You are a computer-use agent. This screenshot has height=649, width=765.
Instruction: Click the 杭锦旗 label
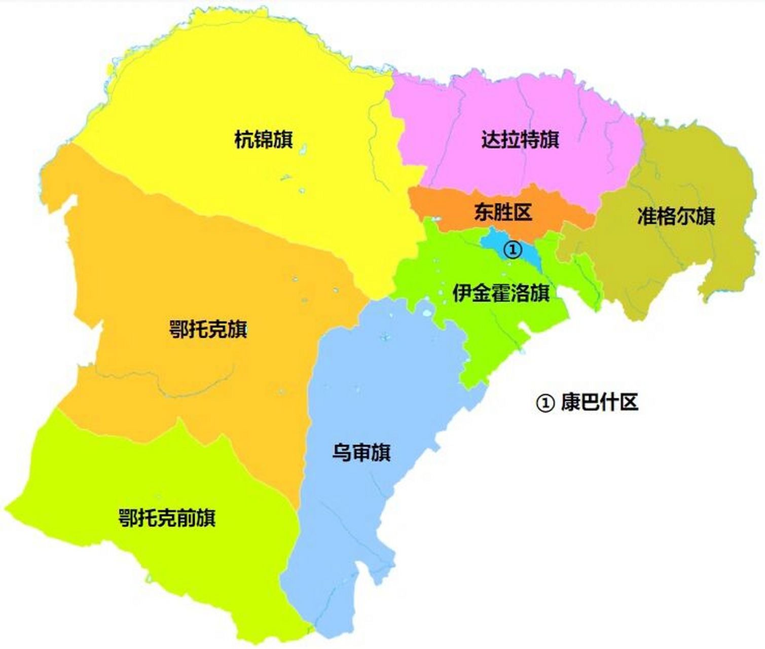(263, 139)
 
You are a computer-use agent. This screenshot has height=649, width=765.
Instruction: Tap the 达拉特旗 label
(520, 139)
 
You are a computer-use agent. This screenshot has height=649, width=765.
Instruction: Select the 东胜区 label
(503, 212)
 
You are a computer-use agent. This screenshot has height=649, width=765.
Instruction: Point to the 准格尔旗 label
(676, 217)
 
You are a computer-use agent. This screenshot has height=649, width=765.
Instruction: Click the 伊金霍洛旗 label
(501, 293)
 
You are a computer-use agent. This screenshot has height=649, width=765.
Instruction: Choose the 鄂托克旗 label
(208, 330)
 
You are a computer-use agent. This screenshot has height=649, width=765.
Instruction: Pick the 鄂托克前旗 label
(167, 518)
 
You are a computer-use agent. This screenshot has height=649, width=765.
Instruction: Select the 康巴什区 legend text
(599, 403)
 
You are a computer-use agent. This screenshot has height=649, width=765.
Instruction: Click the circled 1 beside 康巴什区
(545, 403)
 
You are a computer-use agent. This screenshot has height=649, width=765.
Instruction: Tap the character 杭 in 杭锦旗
(244, 139)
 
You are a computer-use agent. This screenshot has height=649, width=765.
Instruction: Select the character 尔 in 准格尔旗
(685, 217)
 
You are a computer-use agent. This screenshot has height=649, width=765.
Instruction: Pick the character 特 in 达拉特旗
(530, 139)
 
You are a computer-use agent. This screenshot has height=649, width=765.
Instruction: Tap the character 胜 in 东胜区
(503, 212)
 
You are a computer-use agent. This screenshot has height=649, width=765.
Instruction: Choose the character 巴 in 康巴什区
(590, 403)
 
